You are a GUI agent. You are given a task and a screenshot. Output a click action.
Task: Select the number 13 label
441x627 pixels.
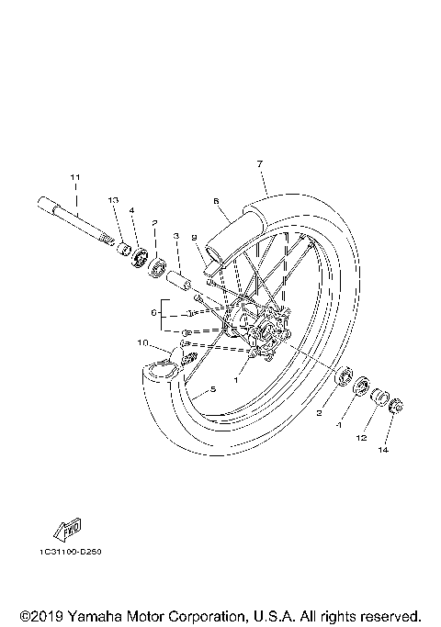(113, 200)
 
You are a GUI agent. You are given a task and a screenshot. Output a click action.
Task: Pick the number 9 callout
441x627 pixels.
(194, 238)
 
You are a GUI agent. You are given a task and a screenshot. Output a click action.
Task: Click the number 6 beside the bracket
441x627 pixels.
(154, 313)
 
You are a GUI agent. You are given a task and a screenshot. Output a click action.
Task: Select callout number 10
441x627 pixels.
(142, 343)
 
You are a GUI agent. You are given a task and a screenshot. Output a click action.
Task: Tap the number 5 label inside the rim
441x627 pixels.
(212, 389)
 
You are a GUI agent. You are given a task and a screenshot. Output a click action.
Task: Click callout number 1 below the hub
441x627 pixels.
(235, 378)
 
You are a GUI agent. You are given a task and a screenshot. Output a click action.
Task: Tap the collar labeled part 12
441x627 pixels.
(377, 396)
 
